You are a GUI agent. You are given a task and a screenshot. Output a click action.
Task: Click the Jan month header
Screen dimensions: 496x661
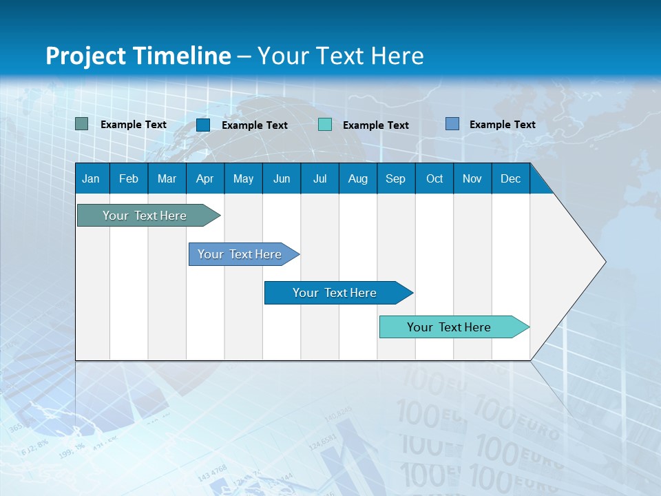tap(91, 178)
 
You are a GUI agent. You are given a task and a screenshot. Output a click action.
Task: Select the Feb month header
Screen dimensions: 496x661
tap(129, 178)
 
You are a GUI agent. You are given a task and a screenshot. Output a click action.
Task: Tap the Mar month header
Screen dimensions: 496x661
tap(167, 178)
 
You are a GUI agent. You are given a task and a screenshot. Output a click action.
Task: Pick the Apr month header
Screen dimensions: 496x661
tap(204, 178)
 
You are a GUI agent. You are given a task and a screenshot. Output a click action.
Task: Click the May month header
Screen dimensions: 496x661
tap(243, 178)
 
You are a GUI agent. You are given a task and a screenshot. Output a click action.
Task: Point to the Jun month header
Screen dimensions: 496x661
tap(282, 178)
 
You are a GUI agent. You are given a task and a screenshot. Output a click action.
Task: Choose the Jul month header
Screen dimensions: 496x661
tap(319, 178)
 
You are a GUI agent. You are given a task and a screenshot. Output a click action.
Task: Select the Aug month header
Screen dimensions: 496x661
tap(357, 178)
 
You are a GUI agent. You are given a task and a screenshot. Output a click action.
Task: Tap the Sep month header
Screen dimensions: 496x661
tap(395, 178)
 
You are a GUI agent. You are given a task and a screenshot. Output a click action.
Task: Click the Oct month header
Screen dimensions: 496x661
tap(434, 178)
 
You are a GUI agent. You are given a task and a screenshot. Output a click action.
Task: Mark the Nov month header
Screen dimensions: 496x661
tap(472, 178)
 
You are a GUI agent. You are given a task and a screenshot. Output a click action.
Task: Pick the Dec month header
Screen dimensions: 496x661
tap(510, 178)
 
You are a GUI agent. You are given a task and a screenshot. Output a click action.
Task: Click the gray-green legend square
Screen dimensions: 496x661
tap(82, 124)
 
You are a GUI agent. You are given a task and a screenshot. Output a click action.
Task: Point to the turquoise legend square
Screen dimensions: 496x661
tap(325, 125)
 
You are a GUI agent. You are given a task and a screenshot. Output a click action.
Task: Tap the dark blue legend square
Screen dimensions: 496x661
tap(203, 125)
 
